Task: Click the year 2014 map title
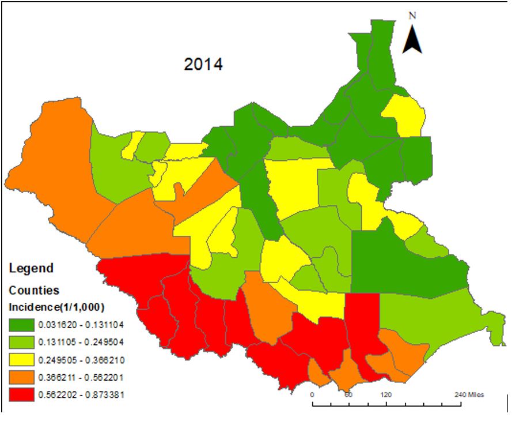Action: pyautogui.click(x=203, y=65)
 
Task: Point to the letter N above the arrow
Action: pyautogui.click(x=412, y=16)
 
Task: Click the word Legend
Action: pyautogui.click(x=31, y=268)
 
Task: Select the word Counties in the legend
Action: pyautogui.click(x=33, y=290)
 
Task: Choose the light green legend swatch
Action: pyautogui.click(x=21, y=341)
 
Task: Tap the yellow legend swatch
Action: pyautogui.click(x=21, y=359)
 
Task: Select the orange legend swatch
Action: pyautogui.click(x=21, y=377)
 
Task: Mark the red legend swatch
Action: pyautogui.click(x=21, y=395)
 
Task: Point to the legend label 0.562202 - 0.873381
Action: pyautogui.click(x=81, y=395)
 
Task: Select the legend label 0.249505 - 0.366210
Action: pyautogui.click(x=81, y=359)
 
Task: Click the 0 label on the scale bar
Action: pyautogui.click(x=312, y=395)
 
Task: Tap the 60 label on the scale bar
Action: pyautogui.click(x=348, y=395)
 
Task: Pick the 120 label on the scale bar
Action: pyautogui.click(x=385, y=395)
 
